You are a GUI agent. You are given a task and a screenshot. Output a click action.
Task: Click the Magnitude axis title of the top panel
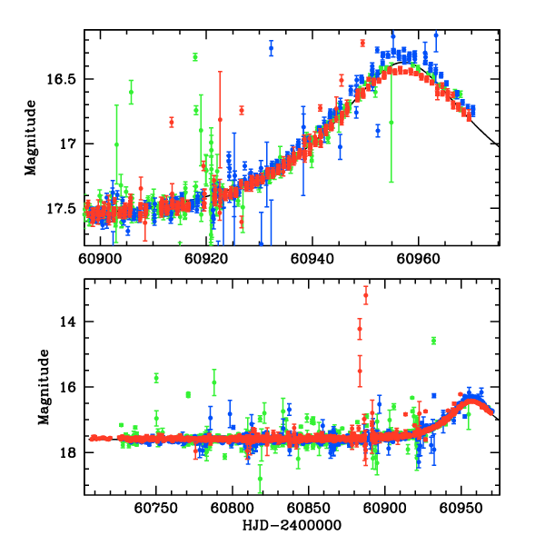point(31,137)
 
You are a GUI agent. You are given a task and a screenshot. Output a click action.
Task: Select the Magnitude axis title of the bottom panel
point(43,388)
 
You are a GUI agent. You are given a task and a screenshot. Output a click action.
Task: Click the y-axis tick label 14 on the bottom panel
point(73,322)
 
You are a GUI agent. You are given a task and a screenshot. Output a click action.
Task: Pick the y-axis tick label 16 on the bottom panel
point(73,387)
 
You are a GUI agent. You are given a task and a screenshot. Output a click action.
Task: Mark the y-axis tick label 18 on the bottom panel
point(73,452)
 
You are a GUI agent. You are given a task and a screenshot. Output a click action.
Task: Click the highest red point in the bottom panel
point(365,296)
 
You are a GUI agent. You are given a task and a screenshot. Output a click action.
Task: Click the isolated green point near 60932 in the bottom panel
point(434,341)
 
